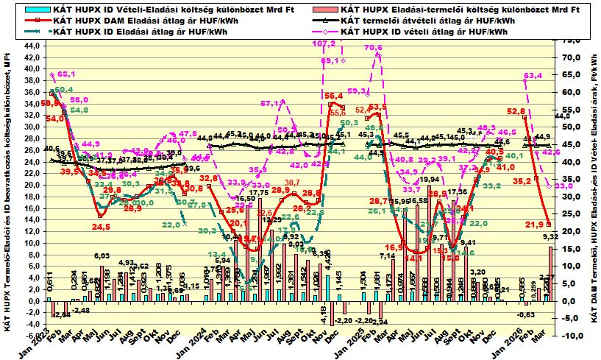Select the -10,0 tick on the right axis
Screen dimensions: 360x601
click(569, 336)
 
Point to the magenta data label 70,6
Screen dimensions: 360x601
click(374, 48)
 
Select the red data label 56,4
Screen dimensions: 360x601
click(334, 96)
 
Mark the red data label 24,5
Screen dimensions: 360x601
click(101, 227)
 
